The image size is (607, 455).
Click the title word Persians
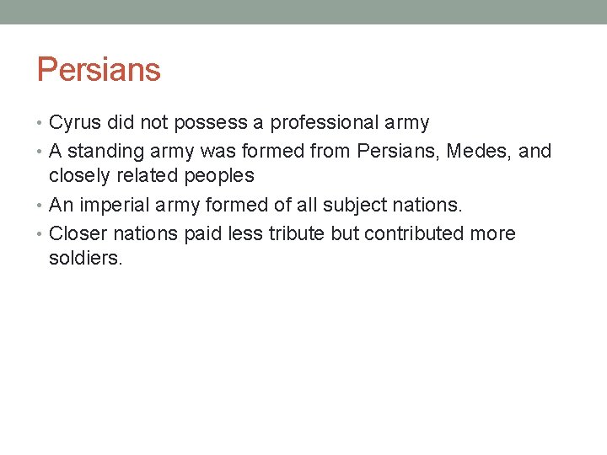pos(99,69)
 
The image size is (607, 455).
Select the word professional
pos(324,123)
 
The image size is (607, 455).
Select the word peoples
pos(221,175)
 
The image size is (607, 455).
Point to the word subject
pos(351,205)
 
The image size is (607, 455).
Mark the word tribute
pos(297,233)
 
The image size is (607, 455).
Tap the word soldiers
pos(85,257)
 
